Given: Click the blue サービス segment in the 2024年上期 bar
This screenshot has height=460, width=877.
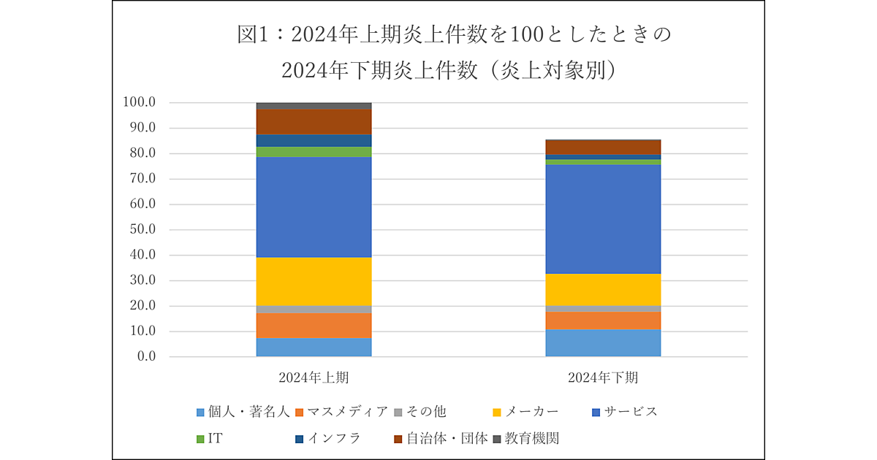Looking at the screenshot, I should point(314,207).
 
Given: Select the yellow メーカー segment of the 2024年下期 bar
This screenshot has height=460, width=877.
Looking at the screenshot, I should point(603,290).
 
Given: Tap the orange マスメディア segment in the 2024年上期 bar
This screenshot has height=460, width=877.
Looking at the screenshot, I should point(314,326).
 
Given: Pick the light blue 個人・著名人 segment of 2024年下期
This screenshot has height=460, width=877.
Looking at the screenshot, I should point(603,343).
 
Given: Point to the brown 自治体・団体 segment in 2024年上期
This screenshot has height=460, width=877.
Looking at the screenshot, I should point(314,121).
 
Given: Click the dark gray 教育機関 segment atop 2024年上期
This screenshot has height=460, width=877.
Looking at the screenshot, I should point(314,106).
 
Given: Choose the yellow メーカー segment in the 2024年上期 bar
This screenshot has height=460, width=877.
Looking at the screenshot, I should point(314,281).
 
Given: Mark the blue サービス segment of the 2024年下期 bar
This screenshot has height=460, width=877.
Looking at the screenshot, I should point(603,219).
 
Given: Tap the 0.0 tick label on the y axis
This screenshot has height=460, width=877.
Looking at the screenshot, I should point(145,357).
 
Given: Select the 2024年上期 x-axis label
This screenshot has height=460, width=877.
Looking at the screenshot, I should point(314,378).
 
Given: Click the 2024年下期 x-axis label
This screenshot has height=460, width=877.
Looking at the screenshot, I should point(603,378).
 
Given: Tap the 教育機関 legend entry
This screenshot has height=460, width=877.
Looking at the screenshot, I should point(523,439).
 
